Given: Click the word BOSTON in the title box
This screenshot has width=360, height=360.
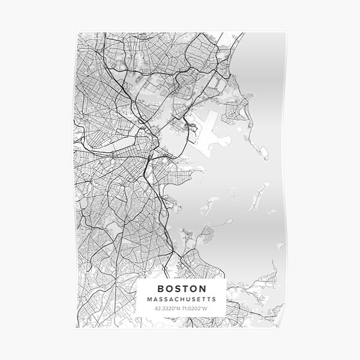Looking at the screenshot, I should tap(181, 287).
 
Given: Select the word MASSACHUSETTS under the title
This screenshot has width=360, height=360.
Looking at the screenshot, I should tap(181, 298).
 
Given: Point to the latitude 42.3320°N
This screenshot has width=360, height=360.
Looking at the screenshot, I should tap(167, 308).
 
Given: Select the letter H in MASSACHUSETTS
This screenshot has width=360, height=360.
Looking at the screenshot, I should tap(181, 298).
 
